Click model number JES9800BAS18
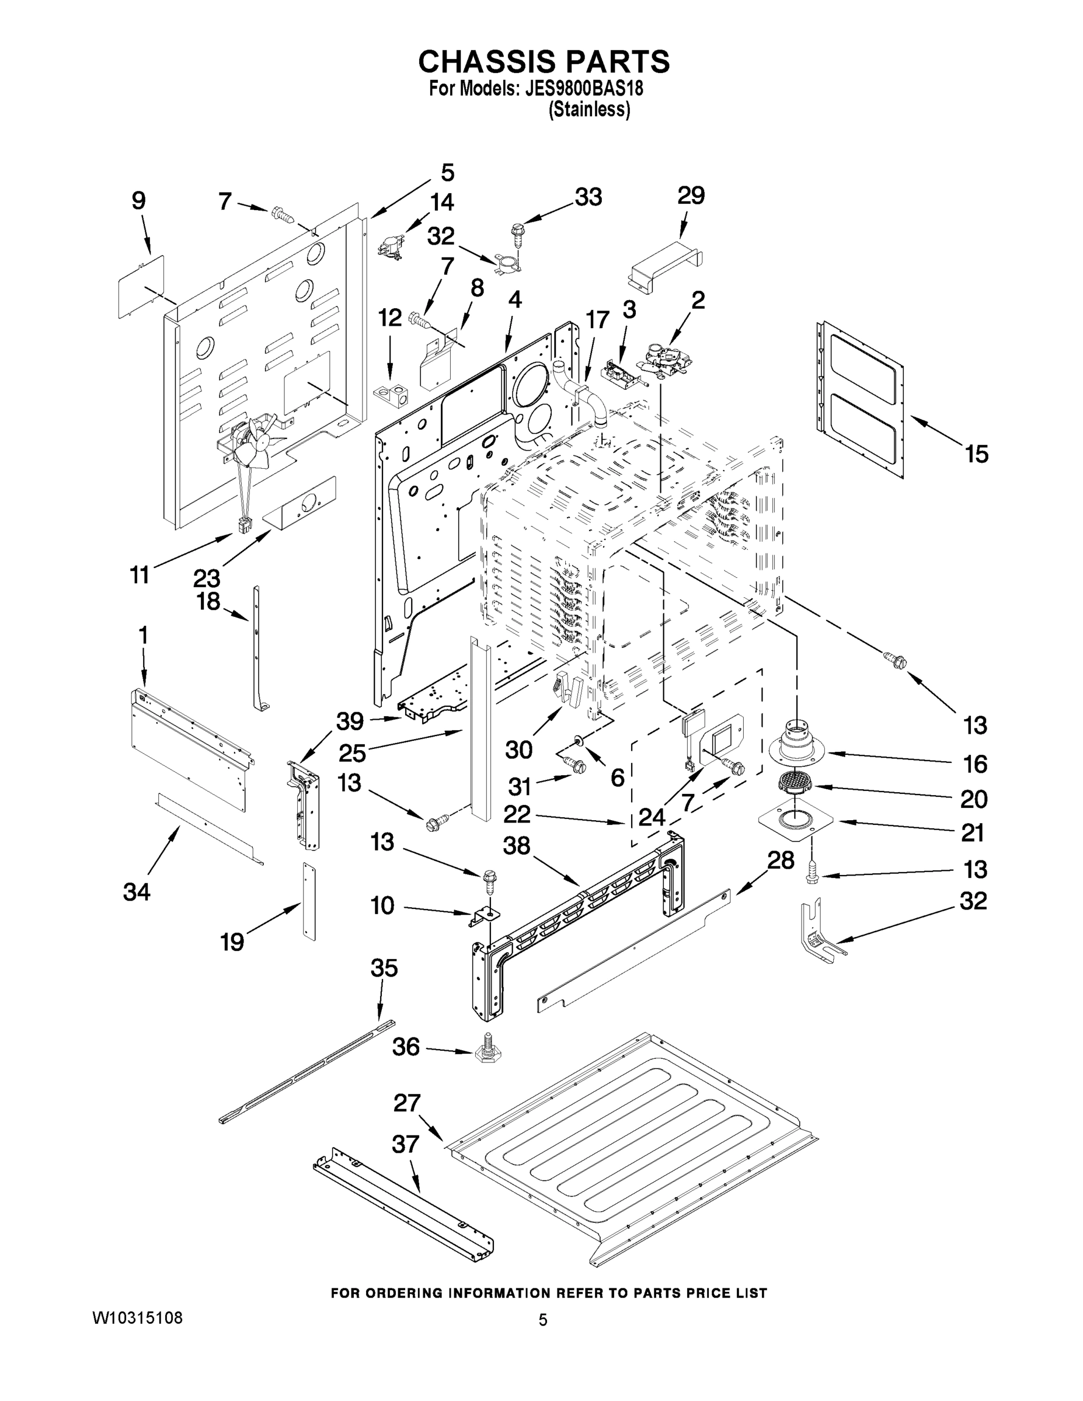pos(584,87)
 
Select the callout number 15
pos(977,454)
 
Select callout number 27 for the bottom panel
pos(407,1103)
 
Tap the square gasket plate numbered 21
pos(796,819)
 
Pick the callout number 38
pos(517,846)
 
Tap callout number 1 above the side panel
pos(142,636)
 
